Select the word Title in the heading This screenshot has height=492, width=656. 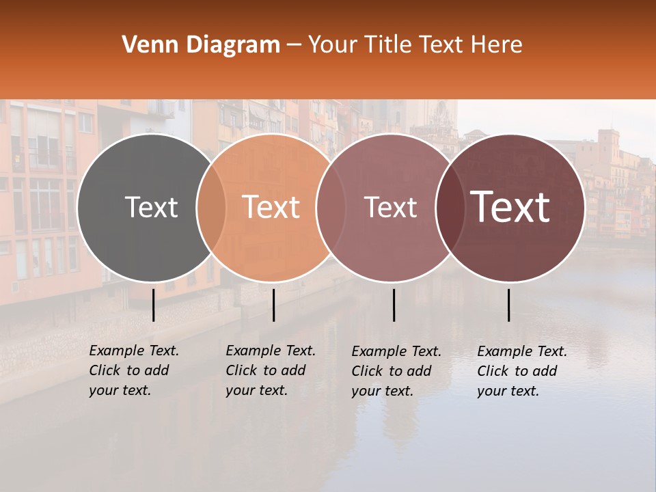[x=393, y=45]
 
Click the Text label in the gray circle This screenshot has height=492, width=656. [x=151, y=207]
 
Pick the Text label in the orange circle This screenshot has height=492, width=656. [x=271, y=207]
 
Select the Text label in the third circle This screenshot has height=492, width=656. [x=390, y=208]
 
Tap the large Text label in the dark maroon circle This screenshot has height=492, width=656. [x=510, y=207]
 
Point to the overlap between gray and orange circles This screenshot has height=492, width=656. [x=211, y=208]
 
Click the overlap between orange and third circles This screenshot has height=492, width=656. [x=331, y=208]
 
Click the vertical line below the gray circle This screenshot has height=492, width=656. [x=154, y=305]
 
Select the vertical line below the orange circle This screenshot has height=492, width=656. [x=273, y=305]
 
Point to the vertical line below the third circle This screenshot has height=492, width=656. [x=394, y=305]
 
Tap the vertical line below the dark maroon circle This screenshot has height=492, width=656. [x=509, y=305]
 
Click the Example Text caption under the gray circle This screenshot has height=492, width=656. [x=134, y=370]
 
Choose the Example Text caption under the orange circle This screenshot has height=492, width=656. [x=271, y=370]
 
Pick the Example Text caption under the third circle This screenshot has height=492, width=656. [x=396, y=371]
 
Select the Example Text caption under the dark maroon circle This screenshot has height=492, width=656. [x=522, y=371]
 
